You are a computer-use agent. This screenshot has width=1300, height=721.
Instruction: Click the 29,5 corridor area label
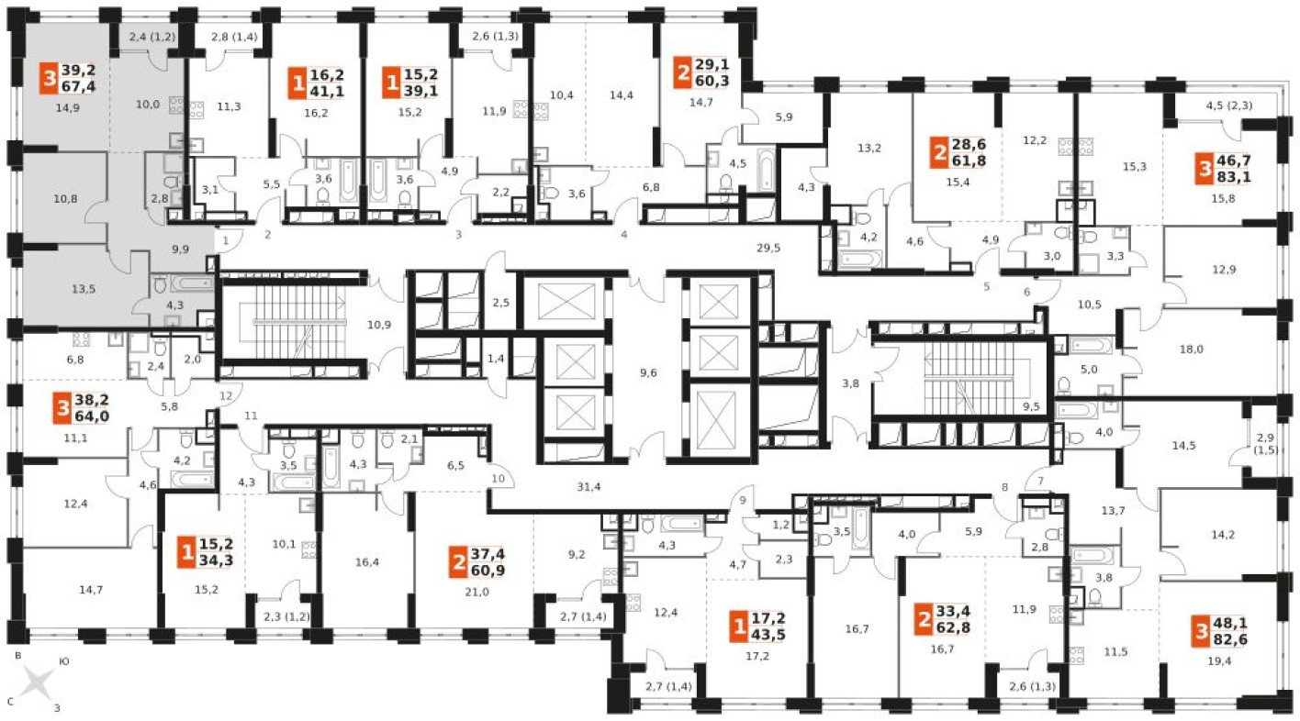(x=768, y=248)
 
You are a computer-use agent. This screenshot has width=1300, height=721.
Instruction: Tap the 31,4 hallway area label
(x=588, y=487)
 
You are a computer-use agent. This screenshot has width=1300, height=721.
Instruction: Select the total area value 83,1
(x=1233, y=176)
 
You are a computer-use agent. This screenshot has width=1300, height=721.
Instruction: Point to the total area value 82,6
(x=1230, y=639)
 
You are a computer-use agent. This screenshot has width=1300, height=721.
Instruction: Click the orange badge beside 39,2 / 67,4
(x=50, y=78)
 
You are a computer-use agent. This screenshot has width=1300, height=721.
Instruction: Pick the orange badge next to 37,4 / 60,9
(x=458, y=562)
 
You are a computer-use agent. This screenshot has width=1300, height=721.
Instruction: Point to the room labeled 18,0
(x=1192, y=349)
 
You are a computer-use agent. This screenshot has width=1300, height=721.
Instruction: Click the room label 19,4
(x=1219, y=660)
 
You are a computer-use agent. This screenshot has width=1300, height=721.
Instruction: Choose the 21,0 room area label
(x=476, y=592)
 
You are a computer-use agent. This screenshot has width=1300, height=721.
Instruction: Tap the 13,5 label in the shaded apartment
(x=83, y=289)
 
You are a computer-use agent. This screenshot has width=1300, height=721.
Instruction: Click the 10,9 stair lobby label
(x=379, y=325)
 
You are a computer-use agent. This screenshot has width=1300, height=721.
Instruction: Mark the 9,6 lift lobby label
(x=648, y=372)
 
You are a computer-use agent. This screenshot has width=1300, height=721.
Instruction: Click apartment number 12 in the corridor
(x=226, y=395)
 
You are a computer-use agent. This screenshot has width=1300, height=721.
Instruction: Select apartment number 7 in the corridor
(x=1040, y=481)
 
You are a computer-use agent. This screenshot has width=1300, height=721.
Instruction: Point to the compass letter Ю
(x=64, y=660)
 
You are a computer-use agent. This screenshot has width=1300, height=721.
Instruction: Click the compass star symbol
(x=37, y=682)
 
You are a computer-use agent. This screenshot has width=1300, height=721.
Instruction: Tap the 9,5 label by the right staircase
(x=1031, y=406)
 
